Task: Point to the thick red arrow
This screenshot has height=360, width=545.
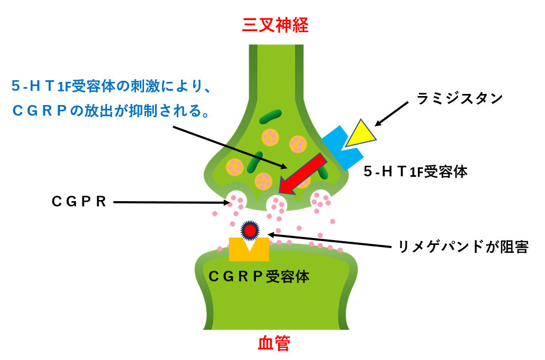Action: click(x=302, y=173)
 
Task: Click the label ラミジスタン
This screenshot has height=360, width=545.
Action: click(x=460, y=98)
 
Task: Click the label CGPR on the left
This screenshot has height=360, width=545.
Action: click(x=79, y=202)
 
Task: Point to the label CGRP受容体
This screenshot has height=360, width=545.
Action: click(x=259, y=276)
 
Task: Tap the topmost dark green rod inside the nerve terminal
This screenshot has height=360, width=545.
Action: click(x=270, y=116)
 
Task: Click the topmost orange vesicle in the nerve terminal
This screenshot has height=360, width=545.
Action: click(x=270, y=137)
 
